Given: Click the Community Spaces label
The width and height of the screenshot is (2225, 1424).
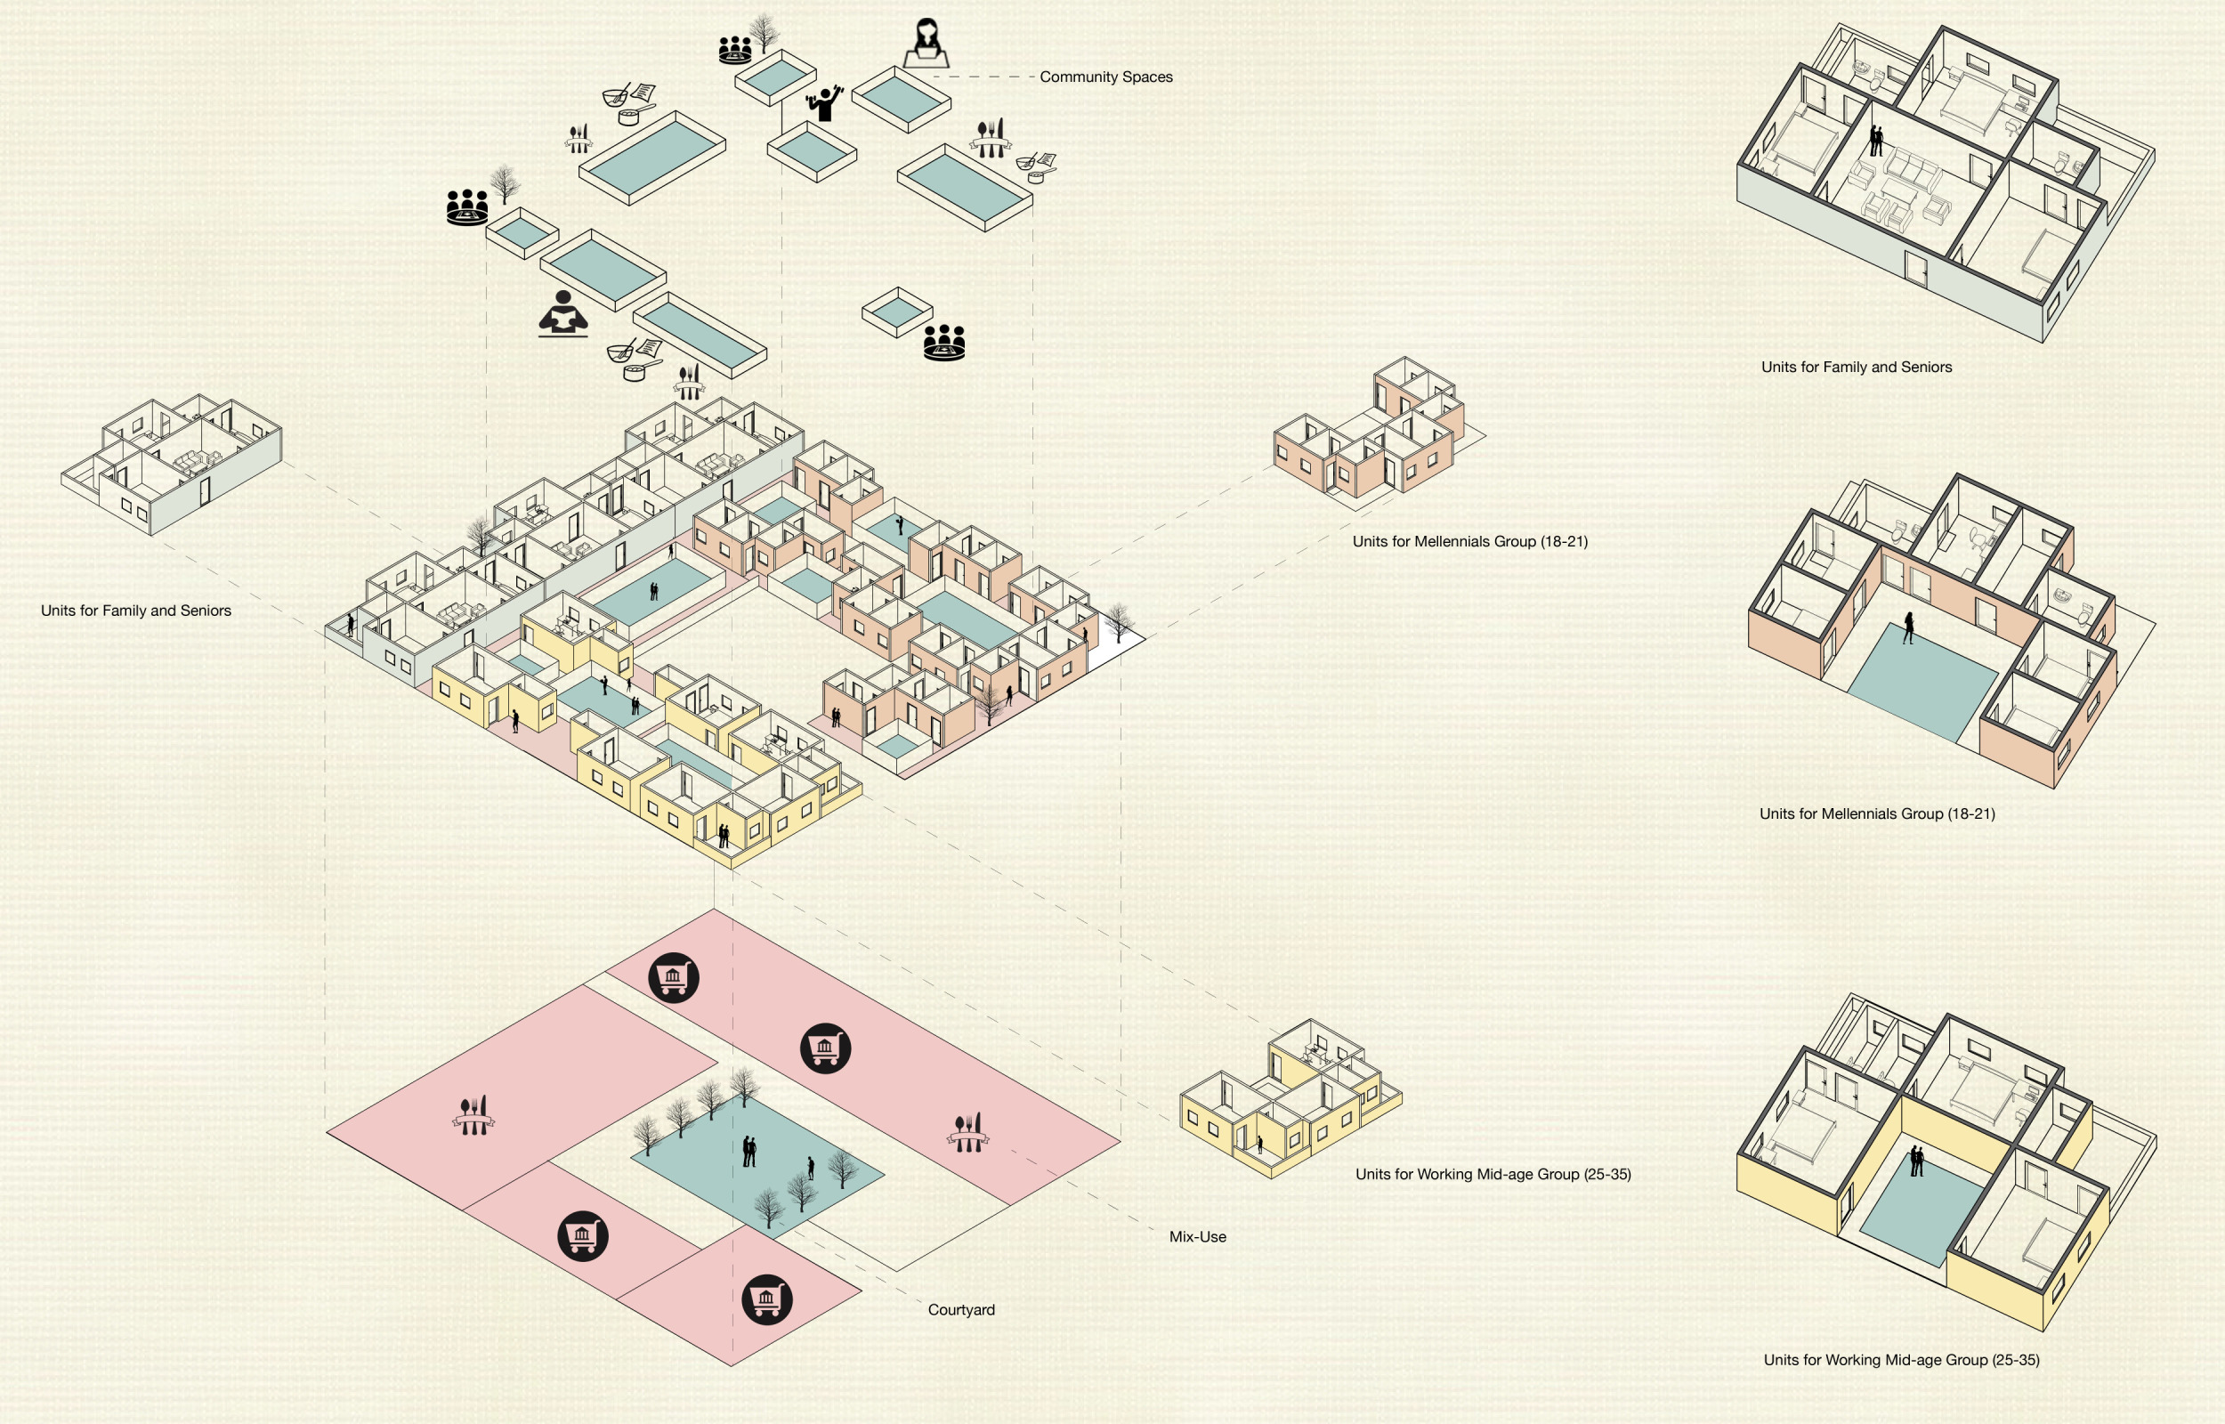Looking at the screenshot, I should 1105,77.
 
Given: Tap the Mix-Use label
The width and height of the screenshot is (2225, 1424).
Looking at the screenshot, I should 1197,1236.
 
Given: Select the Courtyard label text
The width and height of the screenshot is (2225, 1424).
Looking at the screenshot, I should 960,1309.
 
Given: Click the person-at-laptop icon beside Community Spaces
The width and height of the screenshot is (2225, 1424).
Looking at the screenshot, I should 926,44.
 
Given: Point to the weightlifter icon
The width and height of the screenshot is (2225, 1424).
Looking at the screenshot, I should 823,102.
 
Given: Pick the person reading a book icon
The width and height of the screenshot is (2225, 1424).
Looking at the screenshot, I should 563,313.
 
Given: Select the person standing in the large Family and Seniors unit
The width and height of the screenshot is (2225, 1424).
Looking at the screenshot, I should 1875,142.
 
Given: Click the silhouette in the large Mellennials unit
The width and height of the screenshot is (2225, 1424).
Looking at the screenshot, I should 1908,627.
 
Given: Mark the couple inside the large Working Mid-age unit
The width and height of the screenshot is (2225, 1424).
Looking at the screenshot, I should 1916,1161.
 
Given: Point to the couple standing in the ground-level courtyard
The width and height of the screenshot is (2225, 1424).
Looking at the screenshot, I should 749,1152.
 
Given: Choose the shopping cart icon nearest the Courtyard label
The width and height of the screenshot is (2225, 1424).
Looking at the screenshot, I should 766,1299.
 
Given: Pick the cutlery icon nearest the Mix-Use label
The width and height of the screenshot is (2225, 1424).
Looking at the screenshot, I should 967,1132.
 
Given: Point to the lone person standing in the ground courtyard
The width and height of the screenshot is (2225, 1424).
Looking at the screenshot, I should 811,1167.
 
